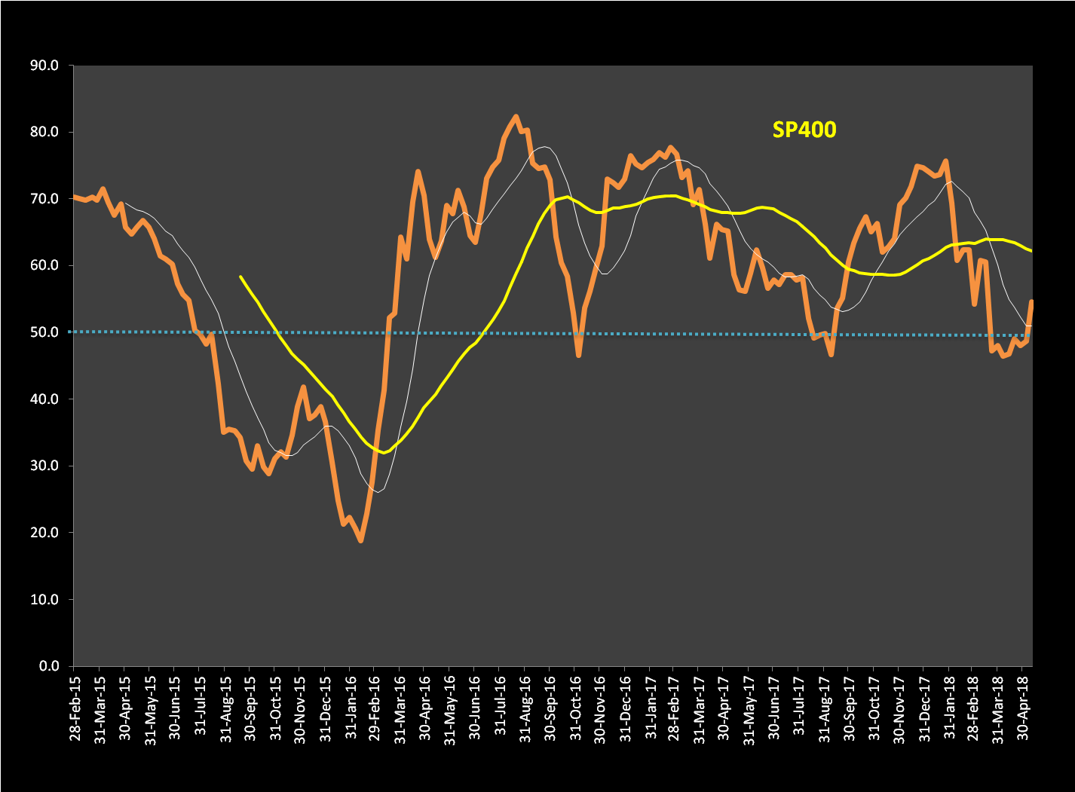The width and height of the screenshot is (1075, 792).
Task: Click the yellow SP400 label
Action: pos(804,130)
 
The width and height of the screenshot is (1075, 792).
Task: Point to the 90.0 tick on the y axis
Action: pos(44,66)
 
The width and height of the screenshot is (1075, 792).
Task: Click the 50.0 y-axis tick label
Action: pos(44,332)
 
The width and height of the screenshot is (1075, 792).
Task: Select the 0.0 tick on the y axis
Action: pos(48,666)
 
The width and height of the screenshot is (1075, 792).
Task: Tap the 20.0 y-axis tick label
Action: pos(44,533)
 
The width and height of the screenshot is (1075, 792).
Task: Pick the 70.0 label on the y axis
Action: pos(44,199)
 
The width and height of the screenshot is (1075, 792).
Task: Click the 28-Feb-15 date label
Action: pos(75,708)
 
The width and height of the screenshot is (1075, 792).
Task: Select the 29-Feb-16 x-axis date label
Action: pos(374,708)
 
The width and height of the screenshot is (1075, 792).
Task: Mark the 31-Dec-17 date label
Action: pos(923,708)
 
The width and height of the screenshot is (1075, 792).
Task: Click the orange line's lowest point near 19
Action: pos(361,540)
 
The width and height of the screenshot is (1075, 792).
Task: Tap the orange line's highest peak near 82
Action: pos(516,117)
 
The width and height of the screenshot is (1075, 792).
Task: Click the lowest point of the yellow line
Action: pos(384,452)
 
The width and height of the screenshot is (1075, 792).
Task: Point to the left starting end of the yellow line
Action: pos(240,277)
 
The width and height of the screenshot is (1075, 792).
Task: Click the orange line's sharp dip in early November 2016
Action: pos(578,355)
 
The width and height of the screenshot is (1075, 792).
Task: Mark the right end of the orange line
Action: pos(1031,301)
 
